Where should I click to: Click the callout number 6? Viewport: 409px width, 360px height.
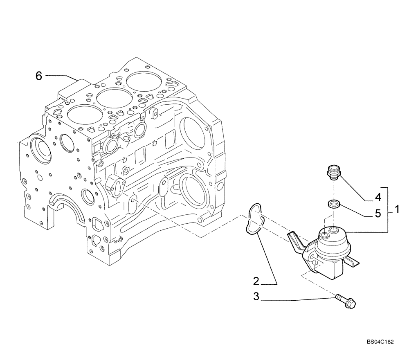(39, 76)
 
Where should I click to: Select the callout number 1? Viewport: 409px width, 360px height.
(396, 210)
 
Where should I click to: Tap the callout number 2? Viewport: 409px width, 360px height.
(256, 281)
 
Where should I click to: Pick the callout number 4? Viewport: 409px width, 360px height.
(378, 197)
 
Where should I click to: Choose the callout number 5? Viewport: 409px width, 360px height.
(378, 213)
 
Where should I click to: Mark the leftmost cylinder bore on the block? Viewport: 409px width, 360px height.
(82, 115)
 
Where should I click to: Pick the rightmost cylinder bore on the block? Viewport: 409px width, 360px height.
(142, 81)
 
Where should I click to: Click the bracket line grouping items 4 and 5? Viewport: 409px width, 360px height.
(388, 210)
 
